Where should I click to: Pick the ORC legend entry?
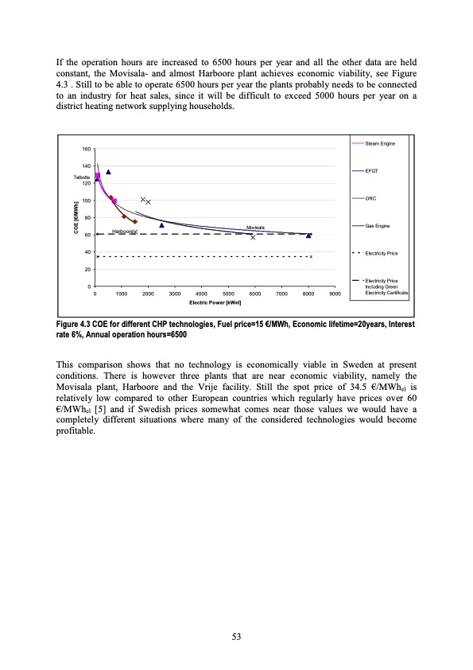click(x=370, y=199)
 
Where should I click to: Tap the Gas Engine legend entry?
click(x=378, y=227)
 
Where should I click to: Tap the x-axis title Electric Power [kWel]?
click(x=215, y=302)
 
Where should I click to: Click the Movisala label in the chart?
click(x=255, y=228)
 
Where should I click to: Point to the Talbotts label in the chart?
click(x=83, y=177)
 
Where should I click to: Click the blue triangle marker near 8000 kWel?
click(x=308, y=236)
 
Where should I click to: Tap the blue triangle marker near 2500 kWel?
click(x=161, y=225)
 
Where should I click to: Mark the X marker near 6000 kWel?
click(x=253, y=237)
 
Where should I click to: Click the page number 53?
click(x=236, y=636)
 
